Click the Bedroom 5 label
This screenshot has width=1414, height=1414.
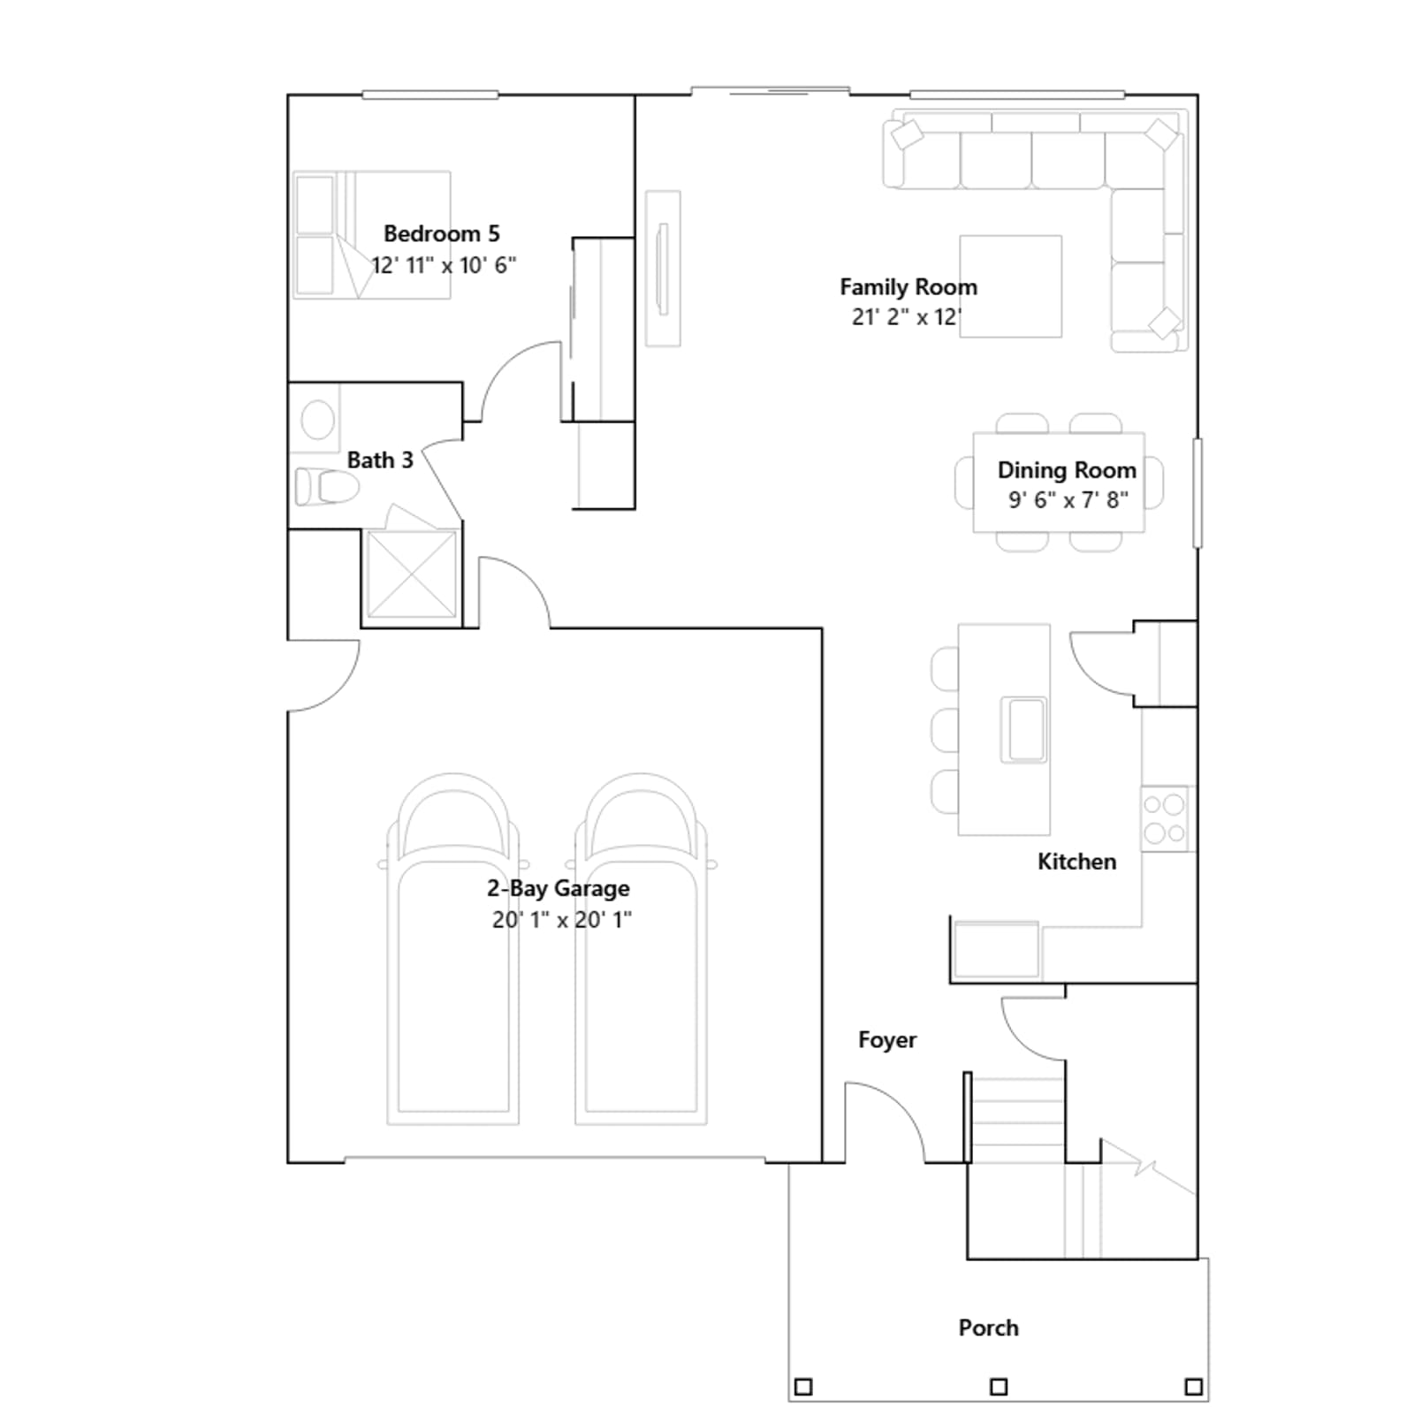pyautogui.click(x=442, y=234)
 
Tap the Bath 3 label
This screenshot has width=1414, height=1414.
pyautogui.click(x=380, y=460)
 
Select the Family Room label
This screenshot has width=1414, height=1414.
pyautogui.click(x=908, y=287)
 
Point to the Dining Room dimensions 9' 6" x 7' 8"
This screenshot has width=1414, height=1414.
pyautogui.click(x=1068, y=500)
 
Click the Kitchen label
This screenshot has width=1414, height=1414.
pyautogui.click(x=1076, y=862)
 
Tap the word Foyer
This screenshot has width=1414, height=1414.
pyautogui.click(x=887, y=1040)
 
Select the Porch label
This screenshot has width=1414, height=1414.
pyautogui.click(x=988, y=1328)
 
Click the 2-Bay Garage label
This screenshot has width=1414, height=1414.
pyautogui.click(x=559, y=889)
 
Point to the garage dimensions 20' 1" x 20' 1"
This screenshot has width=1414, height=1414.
pyautogui.click(x=562, y=920)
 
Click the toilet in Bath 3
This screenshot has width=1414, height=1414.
pyautogui.click(x=327, y=486)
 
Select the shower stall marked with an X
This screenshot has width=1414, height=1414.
pyautogui.click(x=411, y=575)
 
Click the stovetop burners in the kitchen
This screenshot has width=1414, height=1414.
pyautogui.click(x=1165, y=818)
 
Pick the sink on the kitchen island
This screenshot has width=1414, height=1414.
pyautogui.click(x=1023, y=729)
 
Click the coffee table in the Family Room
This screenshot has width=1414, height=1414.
pyautogui.click(x=1010, y=286)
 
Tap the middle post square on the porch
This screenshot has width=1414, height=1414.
pyautogui.click(x=998, y=1387)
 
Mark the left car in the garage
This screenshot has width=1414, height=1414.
pyautogui.click(x=452, y=949)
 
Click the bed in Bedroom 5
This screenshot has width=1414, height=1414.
pyautogui.click(x=371, y=235)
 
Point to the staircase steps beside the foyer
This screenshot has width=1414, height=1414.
pyautogui.click(x=1017, y=1118)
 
